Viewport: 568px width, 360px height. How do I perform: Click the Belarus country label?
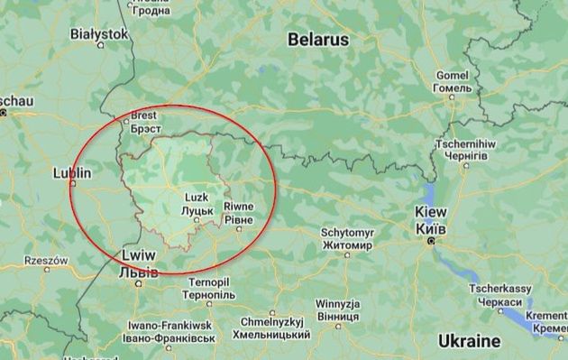tap(317, 40)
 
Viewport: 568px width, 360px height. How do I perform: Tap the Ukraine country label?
tap(468, 341)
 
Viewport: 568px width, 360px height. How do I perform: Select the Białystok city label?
tap(99, 33)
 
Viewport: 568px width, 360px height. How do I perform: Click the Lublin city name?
tap(73, 172)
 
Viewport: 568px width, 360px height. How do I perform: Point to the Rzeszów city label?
tap(46, 260)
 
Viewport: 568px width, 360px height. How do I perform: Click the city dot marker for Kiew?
tap(431, 241)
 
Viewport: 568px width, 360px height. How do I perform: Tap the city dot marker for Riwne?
tap(239, 229)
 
